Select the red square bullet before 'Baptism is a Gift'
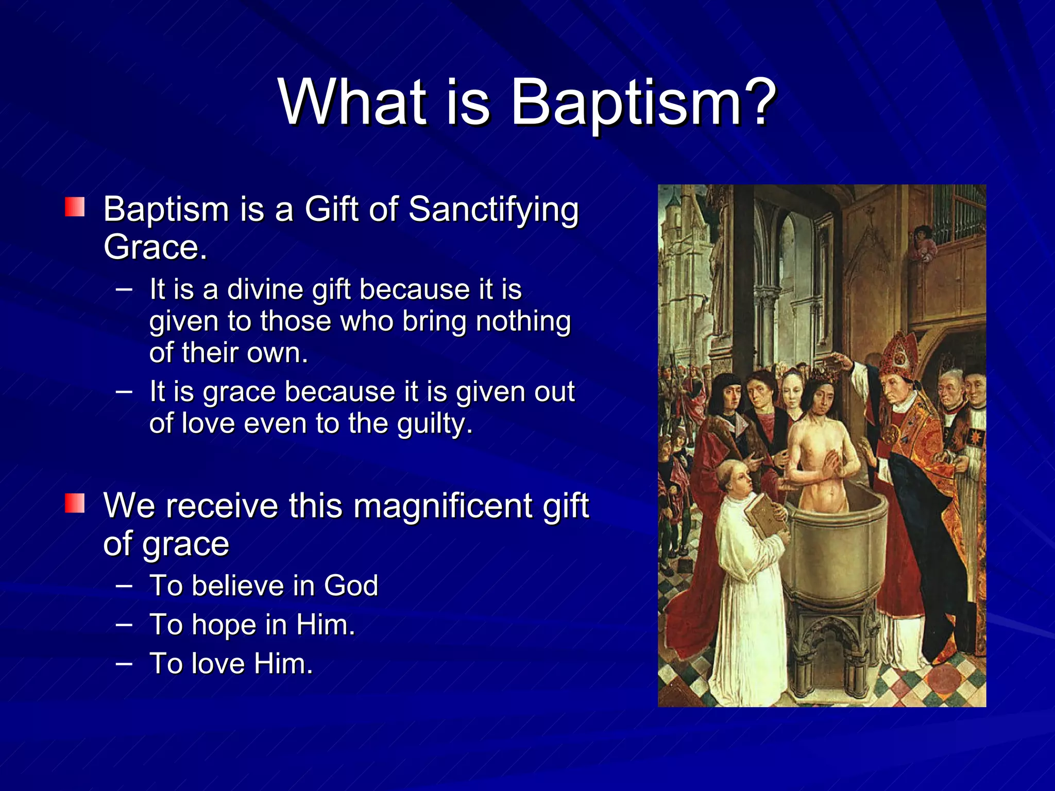(75, 207)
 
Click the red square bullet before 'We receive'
(75, 503)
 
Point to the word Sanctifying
(494, 210)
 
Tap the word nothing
(523, 321)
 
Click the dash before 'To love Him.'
(124, 663)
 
